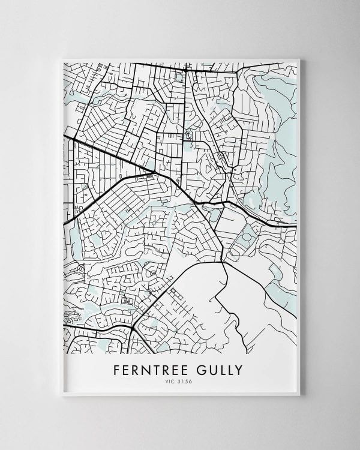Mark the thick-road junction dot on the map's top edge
click(186, 70)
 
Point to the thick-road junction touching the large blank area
click(223, 262)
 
